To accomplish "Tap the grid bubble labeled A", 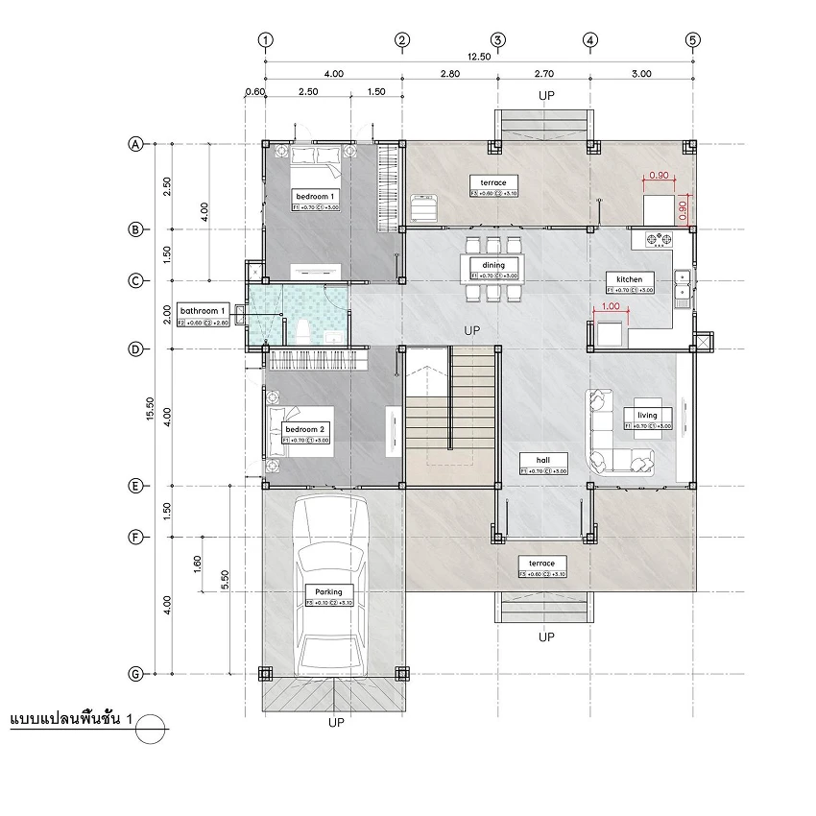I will [x=135, y=144].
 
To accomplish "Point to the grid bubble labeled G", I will [x=135, y=674].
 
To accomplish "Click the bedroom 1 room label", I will [x=315, y=195].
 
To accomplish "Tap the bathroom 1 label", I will [x=204, y=311].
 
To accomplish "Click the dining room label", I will [x=493, y=264].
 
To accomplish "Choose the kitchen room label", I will [x=629, y=278].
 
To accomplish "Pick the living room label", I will [x=647, y=415].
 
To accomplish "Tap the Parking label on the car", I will [x=329, y=591].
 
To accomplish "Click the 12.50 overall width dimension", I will [x=478, y=57].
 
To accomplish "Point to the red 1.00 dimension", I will [x=610, y=307].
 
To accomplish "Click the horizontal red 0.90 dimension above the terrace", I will [x=659, y=177].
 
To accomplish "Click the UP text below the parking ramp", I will [x=335, y=722].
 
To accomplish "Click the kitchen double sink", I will [x=682, y=284].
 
